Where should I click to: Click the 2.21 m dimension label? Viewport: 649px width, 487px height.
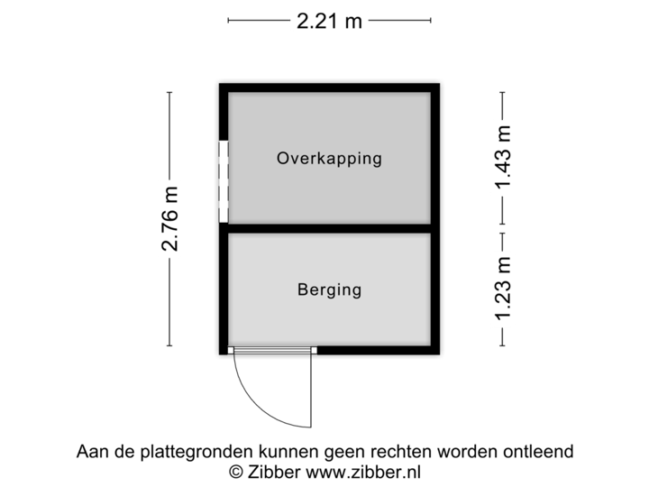pyautogui.click(x=329, y=19)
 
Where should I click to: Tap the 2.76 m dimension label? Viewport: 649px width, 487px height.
pyautogui.click(x=169, y=219)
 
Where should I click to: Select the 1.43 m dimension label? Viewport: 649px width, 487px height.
pyautogui.click(x=503, y=159)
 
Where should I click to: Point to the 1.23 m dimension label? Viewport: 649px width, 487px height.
pyautogui.click(x=503, y=289)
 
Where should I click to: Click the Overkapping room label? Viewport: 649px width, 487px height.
pyautogui.click(x=329, y=159)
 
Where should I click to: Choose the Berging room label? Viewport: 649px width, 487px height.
pyautogui.click(x=329, y=289)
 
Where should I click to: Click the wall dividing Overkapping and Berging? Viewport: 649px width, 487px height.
pyautogui.click(x=329, y=228)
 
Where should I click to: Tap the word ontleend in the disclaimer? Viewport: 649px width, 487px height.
pyautogui.click(x=542, y=451)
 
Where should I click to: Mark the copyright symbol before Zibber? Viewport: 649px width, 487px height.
pyautogui.click(x=236, y=471)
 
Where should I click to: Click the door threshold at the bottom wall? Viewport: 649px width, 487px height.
pyautogui.click(x=271, y=351)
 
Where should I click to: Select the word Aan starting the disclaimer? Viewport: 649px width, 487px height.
pyautogui.click(x=91, y=451)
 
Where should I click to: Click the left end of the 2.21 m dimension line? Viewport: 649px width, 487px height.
pyautogui.click(x=229, y=19)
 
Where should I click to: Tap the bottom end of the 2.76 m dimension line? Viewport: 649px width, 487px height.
pyautogui.click(x=169, y=345)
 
